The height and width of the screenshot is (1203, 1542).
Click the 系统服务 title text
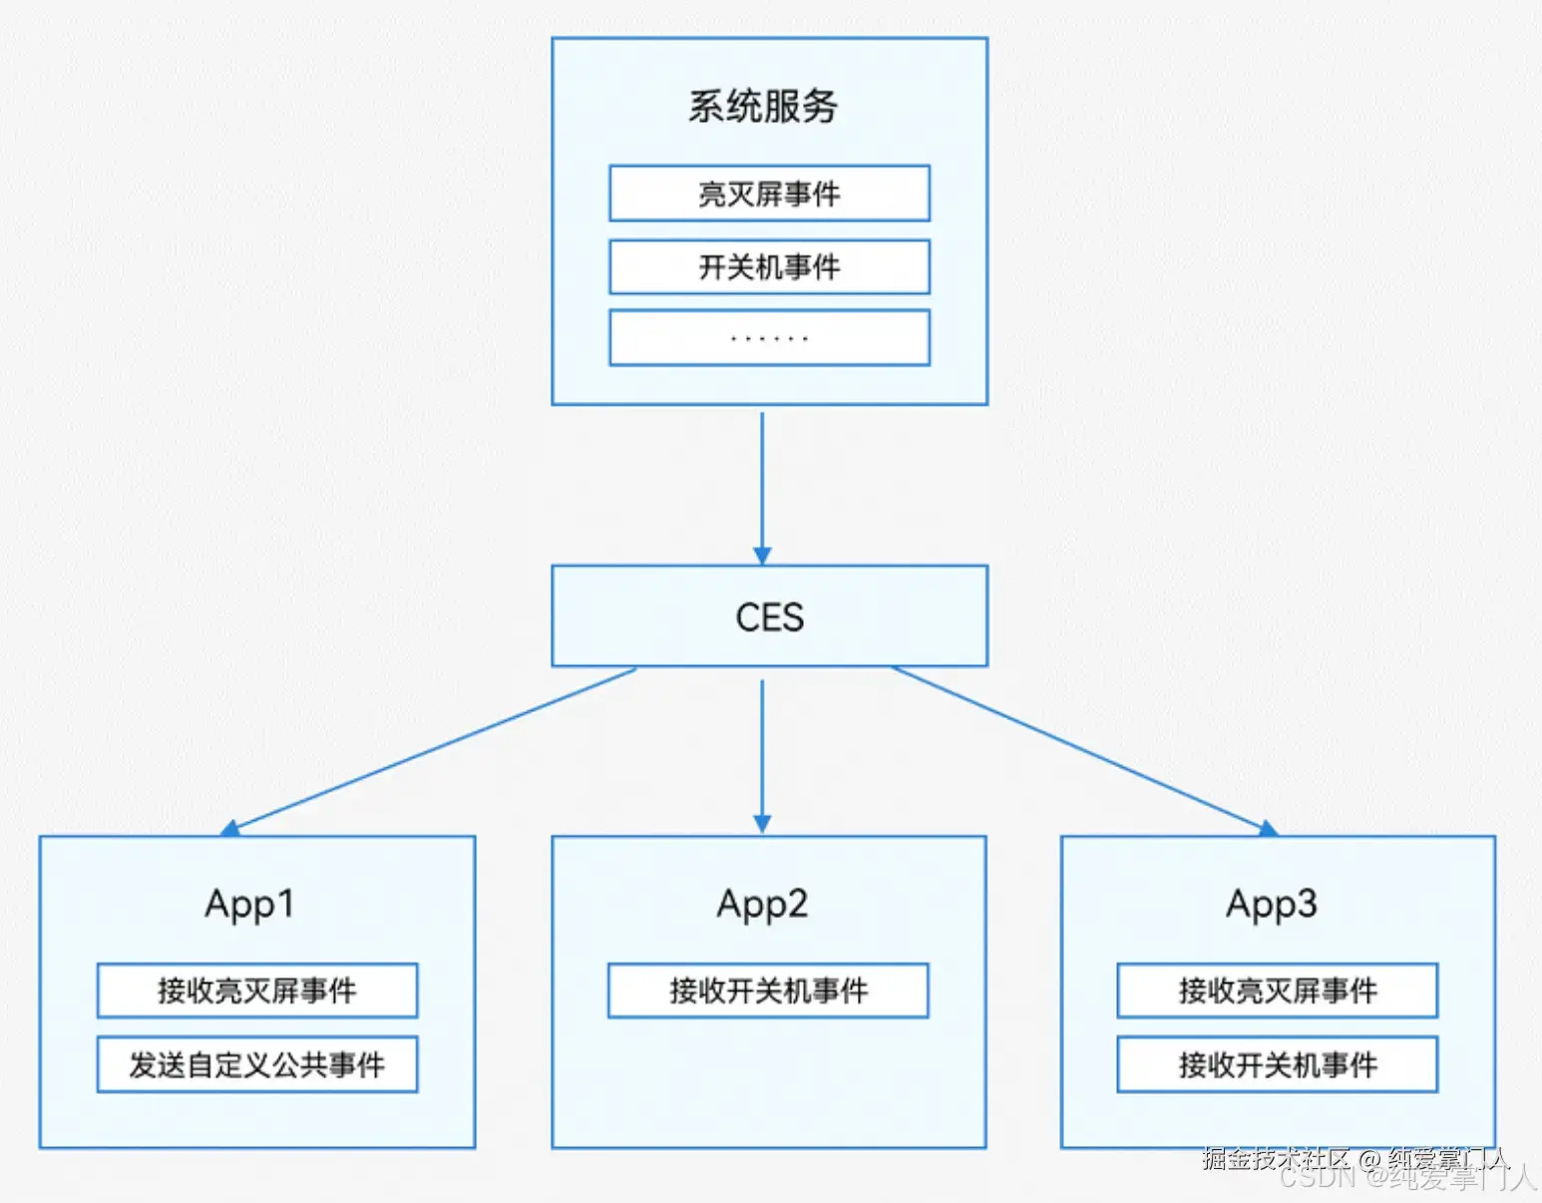(x=763, y=107)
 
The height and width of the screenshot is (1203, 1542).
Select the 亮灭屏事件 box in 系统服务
(x=769, y=194)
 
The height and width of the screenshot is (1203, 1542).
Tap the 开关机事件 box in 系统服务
(x=769, y=267)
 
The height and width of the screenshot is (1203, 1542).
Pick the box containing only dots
(x=769, y=338)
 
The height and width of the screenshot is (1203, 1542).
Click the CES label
(x=769, y=617)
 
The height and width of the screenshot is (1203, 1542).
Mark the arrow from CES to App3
(x=1082, y=749)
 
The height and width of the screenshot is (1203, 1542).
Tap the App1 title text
(x=249, y=905)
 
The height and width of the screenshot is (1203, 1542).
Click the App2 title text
(x=762, y=905)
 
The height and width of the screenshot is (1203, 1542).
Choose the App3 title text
(x=1272, y=905)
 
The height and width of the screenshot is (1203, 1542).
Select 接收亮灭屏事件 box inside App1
(x=257, y=991)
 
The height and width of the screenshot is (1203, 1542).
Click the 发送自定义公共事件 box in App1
(x=257, y=1064)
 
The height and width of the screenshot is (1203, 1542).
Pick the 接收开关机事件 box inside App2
(x=768, y=991)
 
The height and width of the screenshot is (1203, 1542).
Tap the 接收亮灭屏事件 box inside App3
(x=1278, y=991)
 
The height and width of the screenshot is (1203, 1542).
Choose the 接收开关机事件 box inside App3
(x=1278, y=1064)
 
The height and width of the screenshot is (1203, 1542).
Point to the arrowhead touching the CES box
(x=762, y=556)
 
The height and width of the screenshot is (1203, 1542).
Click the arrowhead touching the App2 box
(x=762, y=824)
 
